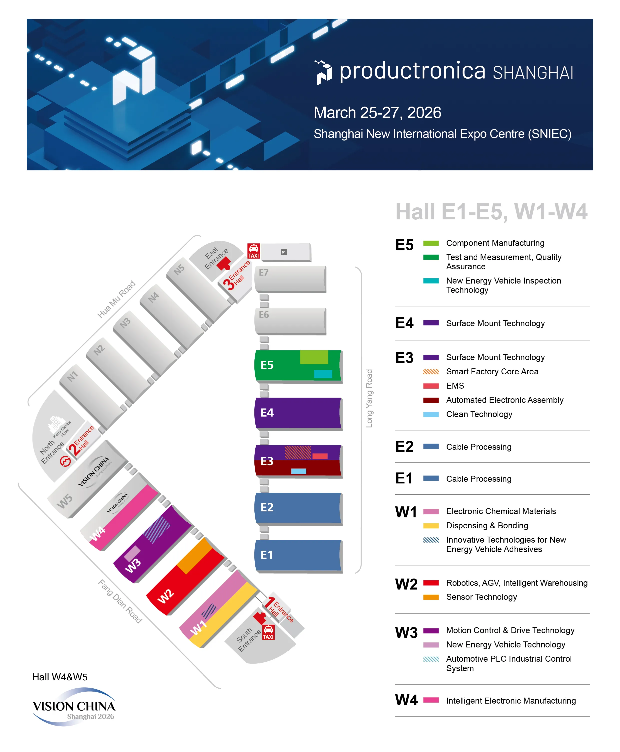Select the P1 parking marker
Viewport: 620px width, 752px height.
(x=284, y=252)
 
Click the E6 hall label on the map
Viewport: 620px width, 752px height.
(x=264, y=315)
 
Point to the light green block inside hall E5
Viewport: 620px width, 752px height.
(x=314, y=357)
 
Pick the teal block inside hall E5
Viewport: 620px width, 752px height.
(x=323, y=374)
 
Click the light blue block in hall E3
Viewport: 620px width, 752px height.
(x=299, y=471)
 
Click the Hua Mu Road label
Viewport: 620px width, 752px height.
(x=116, y=299)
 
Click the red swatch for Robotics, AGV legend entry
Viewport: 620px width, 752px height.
(x=431, y=583)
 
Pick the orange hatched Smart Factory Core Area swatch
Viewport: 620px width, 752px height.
(x=431, y=371)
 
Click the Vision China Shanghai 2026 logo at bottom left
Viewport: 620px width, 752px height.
(x=74, y=707)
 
